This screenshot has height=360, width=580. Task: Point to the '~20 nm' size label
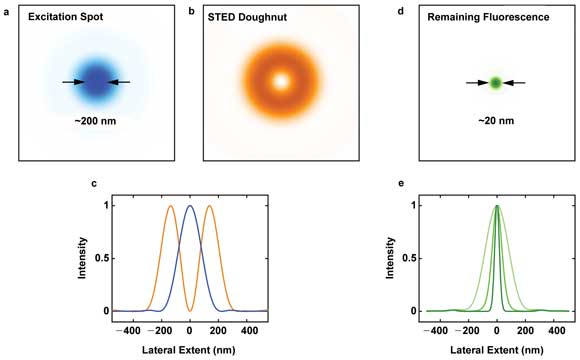pyautogui.click(x=496, y=121)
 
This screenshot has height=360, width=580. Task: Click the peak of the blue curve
pyautogui.click(x=190, y=206)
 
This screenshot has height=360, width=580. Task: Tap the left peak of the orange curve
pyautogui.click(x=170, y=207)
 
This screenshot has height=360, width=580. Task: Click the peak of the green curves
pyautogui.click(x=497, y=206)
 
